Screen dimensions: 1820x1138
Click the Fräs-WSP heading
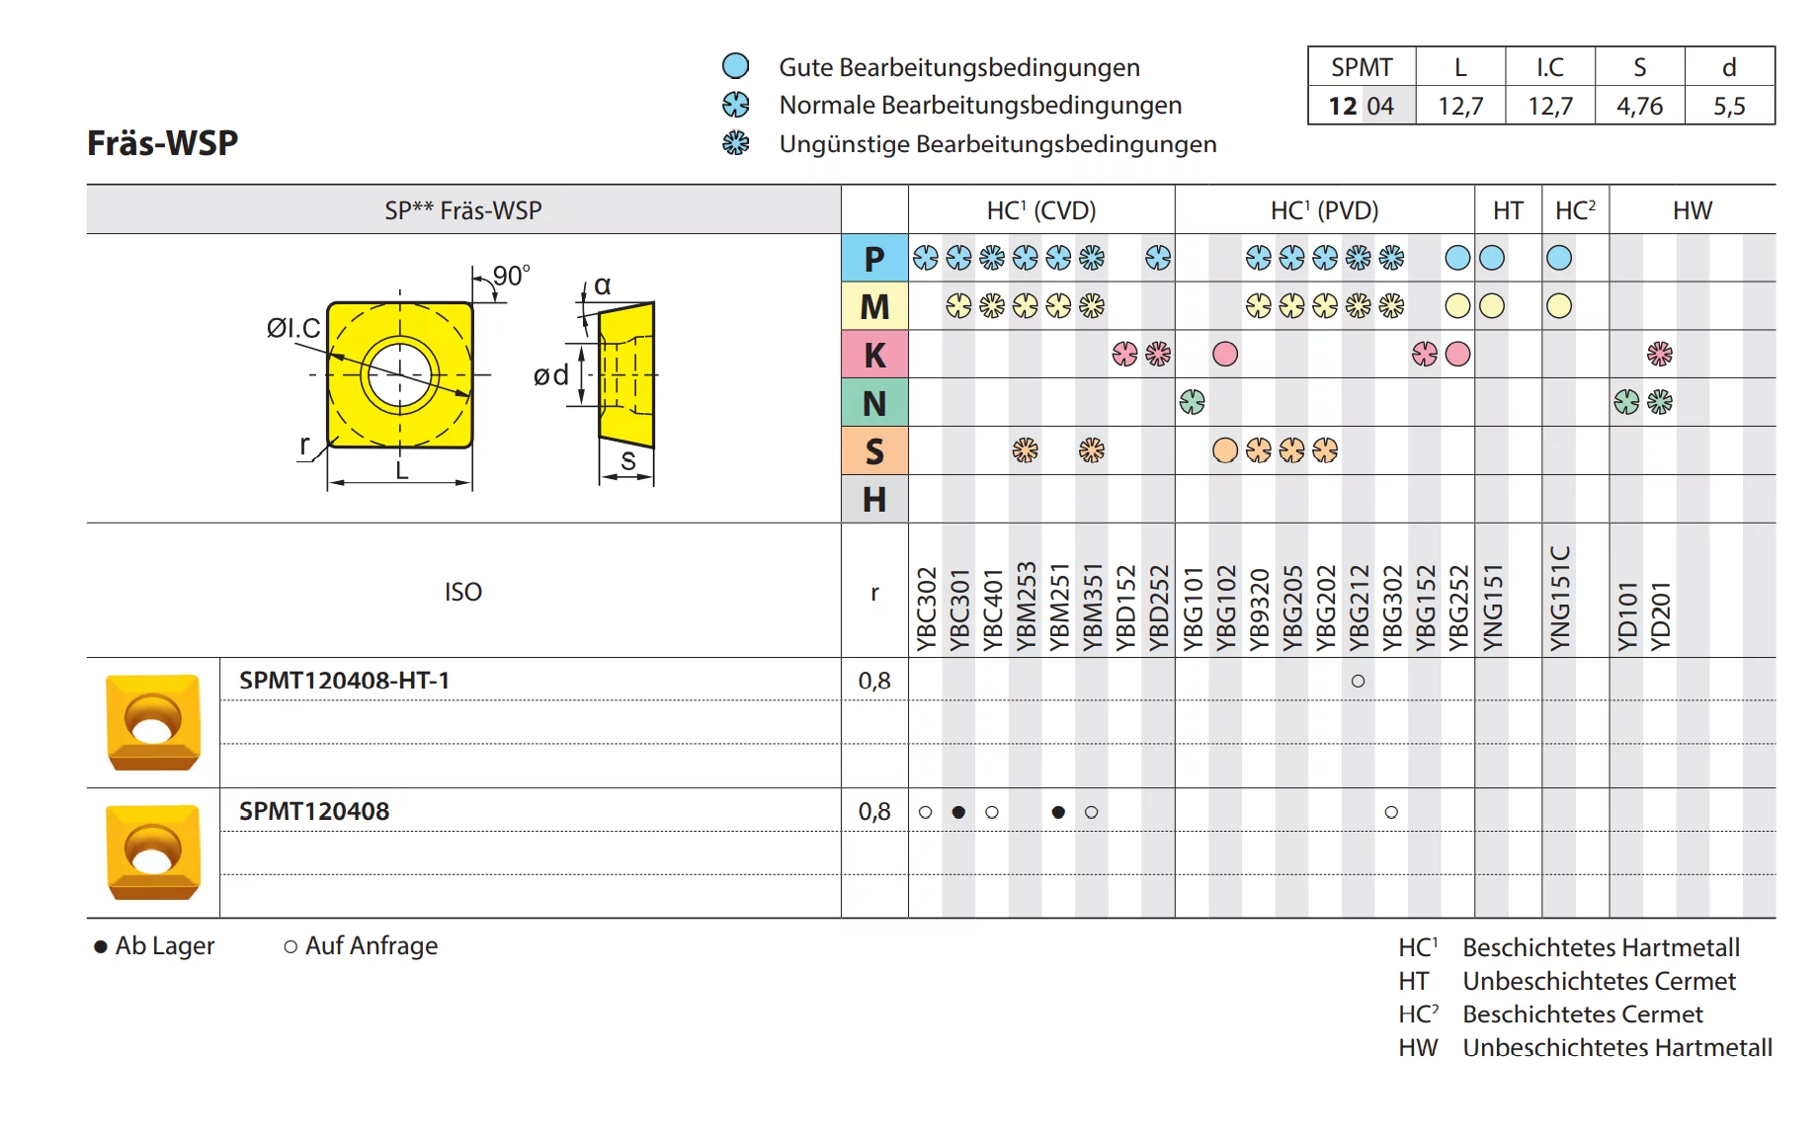coord(163,143)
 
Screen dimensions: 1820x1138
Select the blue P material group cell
coord(874,258)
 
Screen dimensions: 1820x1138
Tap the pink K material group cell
coord(874,355)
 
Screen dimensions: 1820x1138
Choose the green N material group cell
coord(874,403)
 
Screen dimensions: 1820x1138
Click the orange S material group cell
coord(874,451)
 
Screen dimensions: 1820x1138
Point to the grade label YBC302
coord(926,609)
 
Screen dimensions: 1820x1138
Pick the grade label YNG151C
coord(1559,599)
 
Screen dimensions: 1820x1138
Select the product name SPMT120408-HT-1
coord(344,681)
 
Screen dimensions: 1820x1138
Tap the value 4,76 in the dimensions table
coord(1639,106)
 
